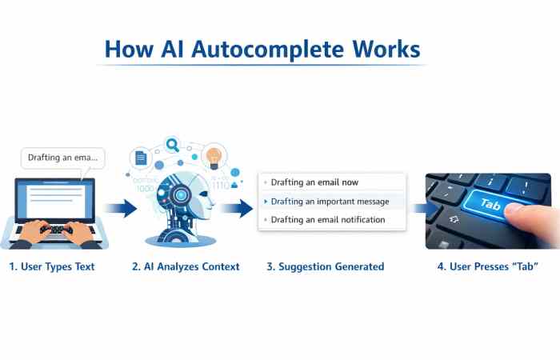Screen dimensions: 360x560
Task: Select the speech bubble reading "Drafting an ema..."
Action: [62, 158]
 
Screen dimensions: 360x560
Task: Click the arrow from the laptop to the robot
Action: [120, 210]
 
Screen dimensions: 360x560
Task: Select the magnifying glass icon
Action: [173, 145]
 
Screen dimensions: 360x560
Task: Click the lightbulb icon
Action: [213, 155]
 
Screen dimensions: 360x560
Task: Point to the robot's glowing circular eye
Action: [183, 195]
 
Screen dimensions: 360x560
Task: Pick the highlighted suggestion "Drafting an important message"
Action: [330, 201]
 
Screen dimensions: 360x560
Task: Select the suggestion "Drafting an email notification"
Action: [328, 219]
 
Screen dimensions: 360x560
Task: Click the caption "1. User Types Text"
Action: [52, 266]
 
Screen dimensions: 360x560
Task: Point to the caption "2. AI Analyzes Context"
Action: [186, 266]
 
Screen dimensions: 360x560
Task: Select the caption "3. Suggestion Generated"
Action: [325, 266]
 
